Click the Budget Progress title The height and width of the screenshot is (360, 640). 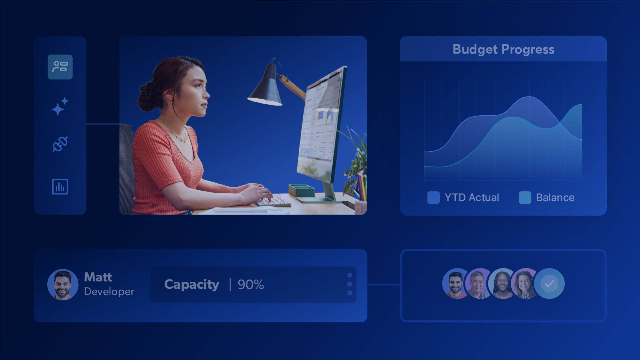503,49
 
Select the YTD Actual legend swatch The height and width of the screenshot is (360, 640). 433,197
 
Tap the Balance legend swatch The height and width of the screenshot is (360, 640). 525,197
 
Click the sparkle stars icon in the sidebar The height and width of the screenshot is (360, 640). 60,106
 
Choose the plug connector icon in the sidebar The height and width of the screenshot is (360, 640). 60,144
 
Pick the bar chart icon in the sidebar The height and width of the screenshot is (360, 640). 60,186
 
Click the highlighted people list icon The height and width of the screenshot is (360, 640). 60,67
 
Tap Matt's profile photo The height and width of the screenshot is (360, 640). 63,284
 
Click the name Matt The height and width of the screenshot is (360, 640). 98,277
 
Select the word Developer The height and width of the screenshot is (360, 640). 109,291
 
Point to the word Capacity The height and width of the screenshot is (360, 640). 192,285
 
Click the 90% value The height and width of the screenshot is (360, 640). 251,285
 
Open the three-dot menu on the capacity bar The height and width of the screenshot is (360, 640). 349,284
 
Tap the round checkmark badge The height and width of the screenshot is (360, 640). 549,283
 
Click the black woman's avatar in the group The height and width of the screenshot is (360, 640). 503,283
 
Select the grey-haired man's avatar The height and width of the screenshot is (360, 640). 479,283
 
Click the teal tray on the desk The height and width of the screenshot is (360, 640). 302,190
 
